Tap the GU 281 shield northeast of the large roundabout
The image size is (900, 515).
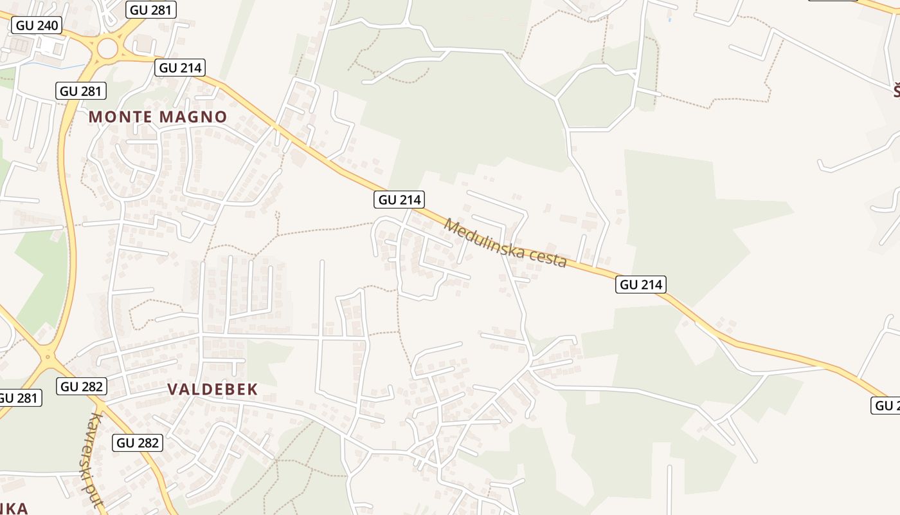click(152, 9)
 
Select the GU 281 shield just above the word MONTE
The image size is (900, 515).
click(82, 91)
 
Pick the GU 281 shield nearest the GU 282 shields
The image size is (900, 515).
click(18, 398)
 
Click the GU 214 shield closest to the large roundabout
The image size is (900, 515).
click(180, 68)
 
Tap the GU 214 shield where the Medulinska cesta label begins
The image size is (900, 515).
click(399, 200)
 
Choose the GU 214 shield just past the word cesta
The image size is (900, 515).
click(640, 284)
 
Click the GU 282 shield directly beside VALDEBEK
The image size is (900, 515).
click(82, 386)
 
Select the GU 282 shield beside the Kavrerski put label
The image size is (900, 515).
click(138, 443)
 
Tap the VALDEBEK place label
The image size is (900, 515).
click(212, 389)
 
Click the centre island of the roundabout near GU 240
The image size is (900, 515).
click(108, 48)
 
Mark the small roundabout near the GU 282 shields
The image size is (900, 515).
click(48, 355)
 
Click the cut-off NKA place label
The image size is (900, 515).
click(13, 508)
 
